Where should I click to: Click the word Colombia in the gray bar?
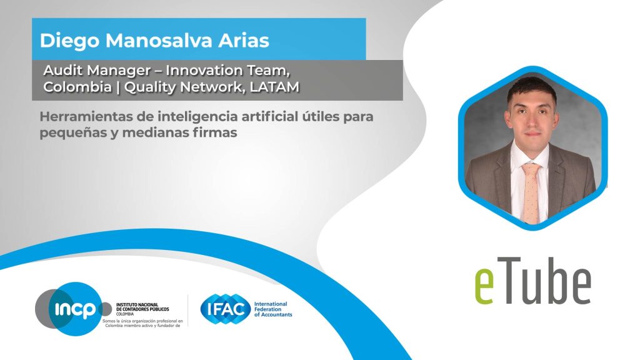tap(77, 87)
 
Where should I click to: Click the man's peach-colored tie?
tap(531, 192)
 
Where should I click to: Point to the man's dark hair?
tap(531, 87)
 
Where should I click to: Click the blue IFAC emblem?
tap(225, 309)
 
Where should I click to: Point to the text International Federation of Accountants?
tap(273, 309)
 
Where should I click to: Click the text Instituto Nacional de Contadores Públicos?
tap(142, 307)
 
